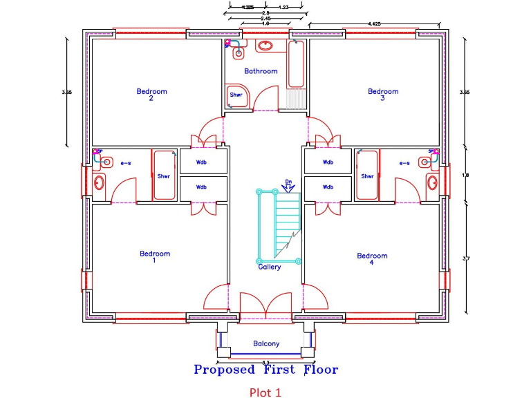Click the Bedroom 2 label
coord(151,95)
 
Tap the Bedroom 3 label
coord(383,95)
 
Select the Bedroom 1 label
coord(154,257)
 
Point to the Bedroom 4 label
coord(372,259)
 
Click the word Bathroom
coord(261,71)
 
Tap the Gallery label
coord(270,267)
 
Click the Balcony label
coord(266,343)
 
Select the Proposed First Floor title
coord(266,370)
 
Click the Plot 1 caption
coord(265,392)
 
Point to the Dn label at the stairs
coord(289,182)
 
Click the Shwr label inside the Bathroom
coord(236,95)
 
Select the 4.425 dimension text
coord(374,23)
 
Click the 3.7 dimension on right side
coord(465,259)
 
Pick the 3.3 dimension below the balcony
coord(265,361)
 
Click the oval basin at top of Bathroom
coord(265,46)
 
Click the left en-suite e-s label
coord(126,164)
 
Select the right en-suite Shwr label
coord(366,176)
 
